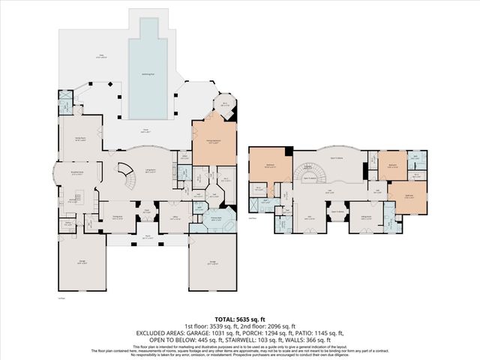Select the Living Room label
tap(151, 172)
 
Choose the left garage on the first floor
tap(81, 262)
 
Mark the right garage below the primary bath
tap(212, 263)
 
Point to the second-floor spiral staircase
tap(307, 172)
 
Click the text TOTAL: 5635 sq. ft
tap(239, 318)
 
